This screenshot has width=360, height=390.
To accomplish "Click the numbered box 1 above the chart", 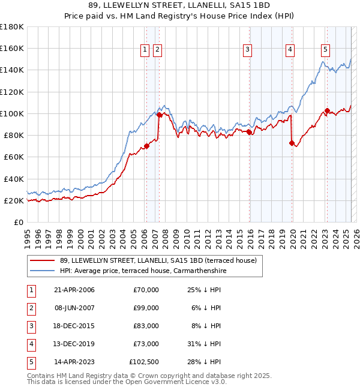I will pyautogui.click(x=145, y=50).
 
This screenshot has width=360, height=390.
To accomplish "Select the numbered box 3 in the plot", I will pyautogui.click(x=247, y=50).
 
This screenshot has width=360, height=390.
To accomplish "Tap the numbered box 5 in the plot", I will pyautogui.click(x=325, y=50).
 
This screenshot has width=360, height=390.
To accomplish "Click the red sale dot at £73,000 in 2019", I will pyautogui.click(x=292, y=143).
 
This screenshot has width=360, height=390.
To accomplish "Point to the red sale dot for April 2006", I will pyautogui.click(x=146, y=146).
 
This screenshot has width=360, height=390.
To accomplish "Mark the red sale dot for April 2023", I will pyautogui.click(x=327, y=110).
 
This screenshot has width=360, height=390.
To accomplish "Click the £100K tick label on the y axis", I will pyautogui.click(x=12, y=113).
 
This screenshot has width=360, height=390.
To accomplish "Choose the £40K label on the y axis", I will pyautogui.click(x=14, y=179).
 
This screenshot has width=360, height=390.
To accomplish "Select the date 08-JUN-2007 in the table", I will pyautogui.click(x=74, y=308).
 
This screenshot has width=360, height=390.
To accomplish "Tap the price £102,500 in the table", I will pyautogui.click(x=144, y=362).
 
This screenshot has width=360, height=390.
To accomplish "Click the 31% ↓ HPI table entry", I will pyautogui.click(x=205, y=344).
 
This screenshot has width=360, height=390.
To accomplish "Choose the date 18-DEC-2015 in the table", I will pyautogui.click(x=74, y=326).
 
